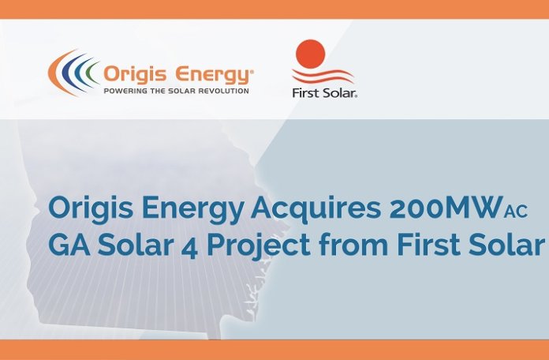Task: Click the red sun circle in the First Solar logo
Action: coord(311,54)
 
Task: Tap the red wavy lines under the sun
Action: coord(323,76)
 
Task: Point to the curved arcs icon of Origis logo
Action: coord(73,73)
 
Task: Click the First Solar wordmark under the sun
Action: coord(325,93)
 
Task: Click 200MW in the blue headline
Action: coord(446,208)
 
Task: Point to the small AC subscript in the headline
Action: coord(516,212)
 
